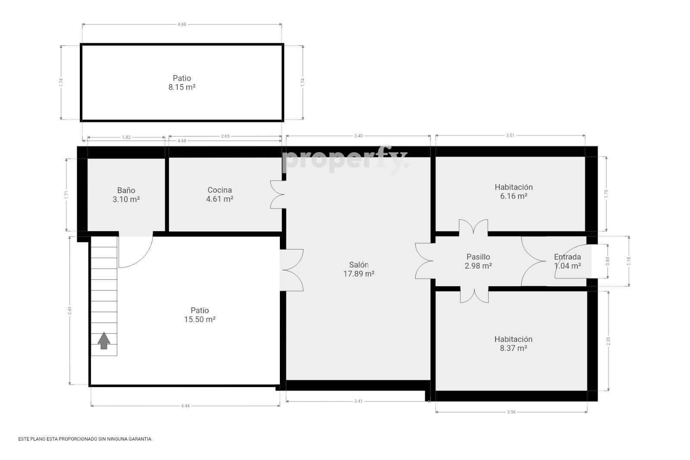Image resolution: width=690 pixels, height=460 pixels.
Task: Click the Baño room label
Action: point(126,190)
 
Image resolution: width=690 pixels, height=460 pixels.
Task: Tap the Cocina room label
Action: point(220,190)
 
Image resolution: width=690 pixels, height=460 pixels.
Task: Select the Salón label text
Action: point(359,264)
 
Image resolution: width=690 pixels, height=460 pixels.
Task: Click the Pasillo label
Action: point(478,257)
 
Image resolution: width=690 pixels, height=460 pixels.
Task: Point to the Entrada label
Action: point(568,257)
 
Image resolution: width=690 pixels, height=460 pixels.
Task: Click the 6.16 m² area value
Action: point(514,196)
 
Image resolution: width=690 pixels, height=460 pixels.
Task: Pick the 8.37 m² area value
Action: point(513,348)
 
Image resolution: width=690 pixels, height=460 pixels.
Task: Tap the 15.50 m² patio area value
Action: point(200,319)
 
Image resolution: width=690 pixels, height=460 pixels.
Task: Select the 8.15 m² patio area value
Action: point(182,87)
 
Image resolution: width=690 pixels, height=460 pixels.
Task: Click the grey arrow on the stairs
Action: point(104,341)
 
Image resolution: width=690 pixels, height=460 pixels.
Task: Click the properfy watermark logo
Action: point(345,160)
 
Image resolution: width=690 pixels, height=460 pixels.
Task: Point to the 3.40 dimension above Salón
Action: point(358,136)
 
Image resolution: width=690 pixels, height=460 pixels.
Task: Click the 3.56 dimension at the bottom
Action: point(511,412)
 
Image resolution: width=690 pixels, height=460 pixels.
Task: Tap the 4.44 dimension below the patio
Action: point(185,406)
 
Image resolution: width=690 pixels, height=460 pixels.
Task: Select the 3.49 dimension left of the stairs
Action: point(70,311)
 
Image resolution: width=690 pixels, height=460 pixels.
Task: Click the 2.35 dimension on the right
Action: point(608,341)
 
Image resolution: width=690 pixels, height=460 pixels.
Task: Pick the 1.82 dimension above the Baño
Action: point(126,138)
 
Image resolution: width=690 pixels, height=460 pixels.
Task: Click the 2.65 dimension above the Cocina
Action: point(225,136)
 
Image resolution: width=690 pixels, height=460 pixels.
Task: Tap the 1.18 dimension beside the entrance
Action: point(629,261)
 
